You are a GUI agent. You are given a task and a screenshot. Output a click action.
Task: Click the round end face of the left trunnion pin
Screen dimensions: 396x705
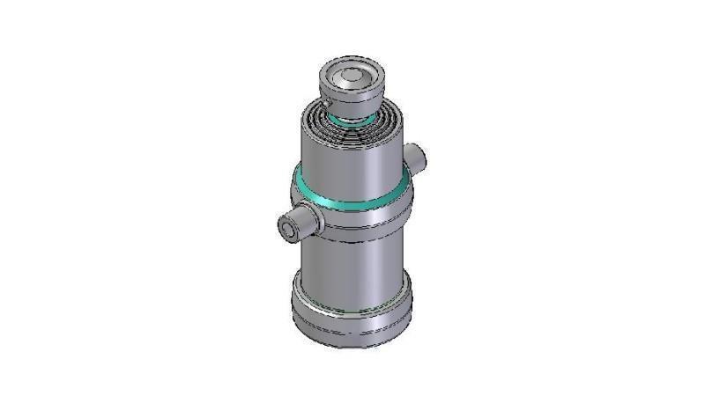(286, 230)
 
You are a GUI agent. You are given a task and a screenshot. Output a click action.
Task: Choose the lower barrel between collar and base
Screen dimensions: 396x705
(352, 264)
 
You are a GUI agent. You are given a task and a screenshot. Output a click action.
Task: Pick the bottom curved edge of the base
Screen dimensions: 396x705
(352, 345)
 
